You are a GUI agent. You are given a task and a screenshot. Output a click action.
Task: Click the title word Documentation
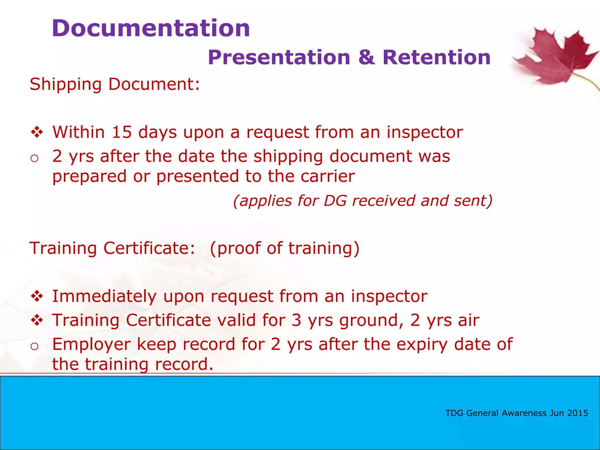[x=151, y=28]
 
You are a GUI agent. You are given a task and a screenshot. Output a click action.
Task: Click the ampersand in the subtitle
[x=366, y=57]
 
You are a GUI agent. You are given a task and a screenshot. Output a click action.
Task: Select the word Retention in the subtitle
[x=437, y=57]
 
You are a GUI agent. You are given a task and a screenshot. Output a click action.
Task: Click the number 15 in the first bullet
[x=122, y=132]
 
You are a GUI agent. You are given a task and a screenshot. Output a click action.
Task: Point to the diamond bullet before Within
[x=37, y=132]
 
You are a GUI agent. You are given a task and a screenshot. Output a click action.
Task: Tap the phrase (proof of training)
[x=284, y=248]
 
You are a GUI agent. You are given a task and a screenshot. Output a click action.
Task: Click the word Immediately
[x=104, y=296]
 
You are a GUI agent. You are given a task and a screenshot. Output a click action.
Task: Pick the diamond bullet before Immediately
[x=37, y=296]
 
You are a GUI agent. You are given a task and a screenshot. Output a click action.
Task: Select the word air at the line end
[x=469, y=320]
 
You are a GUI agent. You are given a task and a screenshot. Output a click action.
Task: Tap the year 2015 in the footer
[x=577, y=413]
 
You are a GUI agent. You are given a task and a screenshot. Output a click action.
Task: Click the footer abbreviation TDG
[x=454, y=413]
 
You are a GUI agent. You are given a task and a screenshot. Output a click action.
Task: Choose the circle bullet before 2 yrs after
[x=35, y=158]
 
